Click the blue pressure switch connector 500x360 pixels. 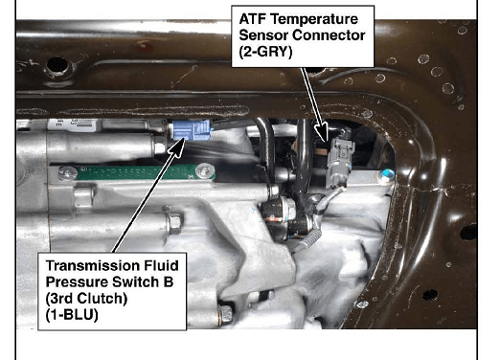[x=192, y=130]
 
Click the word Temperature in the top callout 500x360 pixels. [x=314, y=19]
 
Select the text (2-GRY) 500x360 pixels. [x=265, y=52]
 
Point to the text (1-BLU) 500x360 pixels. [x=72, y=315]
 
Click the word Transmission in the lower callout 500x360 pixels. [x=93, y=265]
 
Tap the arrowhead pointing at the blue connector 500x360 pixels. [x=177, y=146]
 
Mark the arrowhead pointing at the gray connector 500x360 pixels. [x=322, y=131]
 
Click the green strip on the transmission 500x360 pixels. [x=136, y=172]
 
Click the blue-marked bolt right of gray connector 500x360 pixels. [x=387, y=175]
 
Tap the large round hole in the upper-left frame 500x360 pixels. [x=57, y=66]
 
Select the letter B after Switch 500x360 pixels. [x=168, y=281]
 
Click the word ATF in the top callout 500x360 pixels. [x=253, y=19]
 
